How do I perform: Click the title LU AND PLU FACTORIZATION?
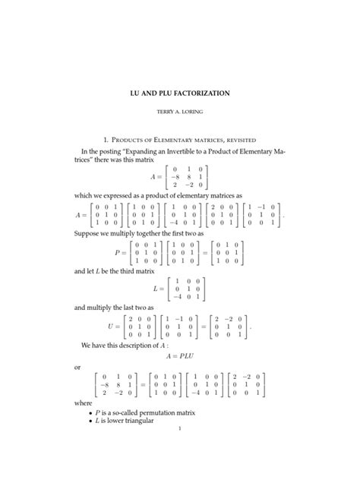pos(180,93)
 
